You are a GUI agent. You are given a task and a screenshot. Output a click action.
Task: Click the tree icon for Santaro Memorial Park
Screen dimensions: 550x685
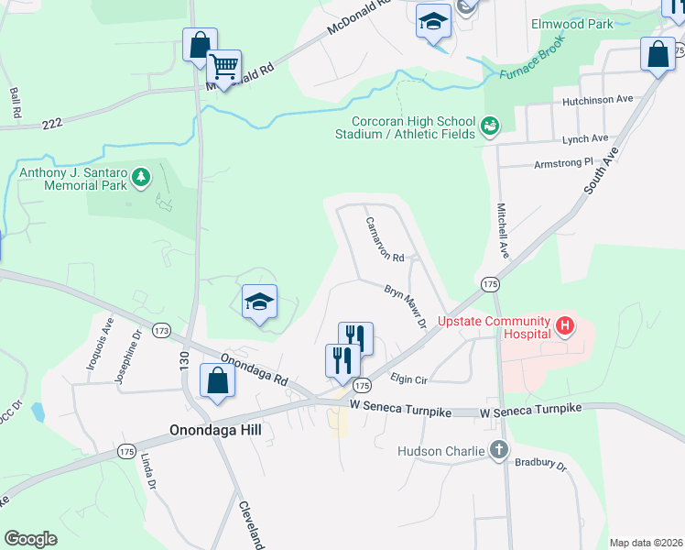pyautogui.click(x=140, y=177)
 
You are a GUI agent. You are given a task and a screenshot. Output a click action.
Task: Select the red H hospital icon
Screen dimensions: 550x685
pyautogui.click(x=565, y=324)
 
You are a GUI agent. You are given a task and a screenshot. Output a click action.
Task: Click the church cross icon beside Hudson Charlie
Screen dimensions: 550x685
pyautogui.click(x=498, y=450)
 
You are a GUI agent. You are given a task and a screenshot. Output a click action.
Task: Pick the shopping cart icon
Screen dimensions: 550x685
pyautogui.click(x=223, y=66)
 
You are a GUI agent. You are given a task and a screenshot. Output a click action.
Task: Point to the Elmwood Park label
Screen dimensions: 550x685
pyautogui.click(x=571, y=24)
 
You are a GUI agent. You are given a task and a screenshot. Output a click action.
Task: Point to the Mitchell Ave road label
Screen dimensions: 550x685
pyautogui.click(x=501, y=229)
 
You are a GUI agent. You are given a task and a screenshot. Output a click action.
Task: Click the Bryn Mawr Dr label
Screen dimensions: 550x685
pyautogui.click(x=405, y=305)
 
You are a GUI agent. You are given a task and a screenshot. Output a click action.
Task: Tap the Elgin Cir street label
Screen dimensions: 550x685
pyautogui.click(x=409, y=377)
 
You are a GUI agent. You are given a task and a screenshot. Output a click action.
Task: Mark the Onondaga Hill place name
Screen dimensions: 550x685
pyautogui.click(x=215, y=429)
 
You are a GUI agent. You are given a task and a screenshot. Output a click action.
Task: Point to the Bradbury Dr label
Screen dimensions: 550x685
pyautogui.click(x=540, y=465)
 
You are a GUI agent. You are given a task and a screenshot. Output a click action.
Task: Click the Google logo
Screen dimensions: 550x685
pyautogui.click(x=30, y=539)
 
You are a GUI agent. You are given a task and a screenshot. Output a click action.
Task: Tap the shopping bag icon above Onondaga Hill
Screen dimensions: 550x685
pyautogui.click(x=217, y=381)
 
